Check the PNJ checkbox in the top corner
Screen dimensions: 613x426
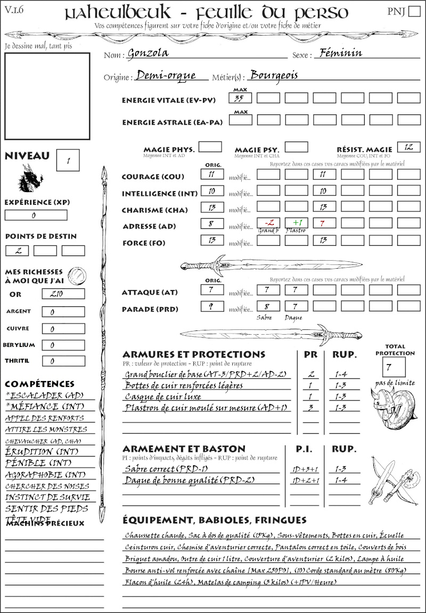413,12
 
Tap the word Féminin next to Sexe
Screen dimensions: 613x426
339,53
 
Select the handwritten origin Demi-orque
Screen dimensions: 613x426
166,76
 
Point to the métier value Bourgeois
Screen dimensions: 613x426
274,75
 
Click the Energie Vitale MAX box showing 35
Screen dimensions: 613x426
240,98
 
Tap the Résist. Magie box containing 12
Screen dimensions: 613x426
408,147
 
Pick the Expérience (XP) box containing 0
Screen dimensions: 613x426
36,216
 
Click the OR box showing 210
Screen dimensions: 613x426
63,294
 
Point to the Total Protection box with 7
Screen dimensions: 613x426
394,367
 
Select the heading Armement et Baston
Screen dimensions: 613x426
184,449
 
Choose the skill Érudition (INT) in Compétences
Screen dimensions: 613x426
42,451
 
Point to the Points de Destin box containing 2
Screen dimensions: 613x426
18,251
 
